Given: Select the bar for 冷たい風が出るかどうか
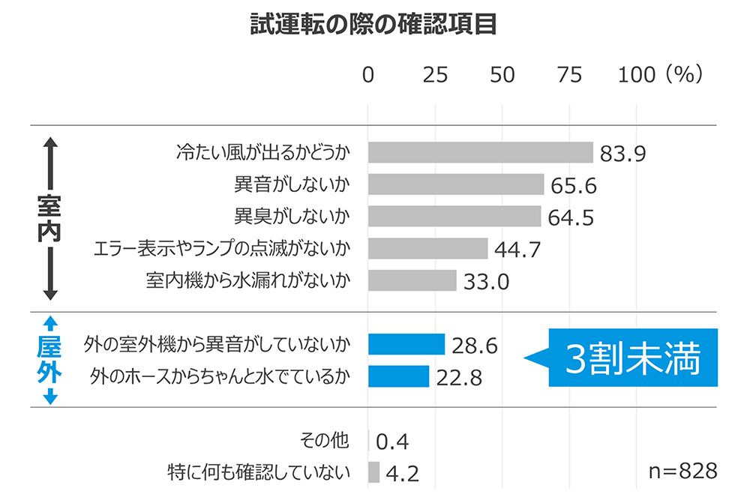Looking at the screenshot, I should pyautogui.click(x=480, y=152).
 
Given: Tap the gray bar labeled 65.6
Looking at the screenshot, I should pyautogui.click(x=456, y=184).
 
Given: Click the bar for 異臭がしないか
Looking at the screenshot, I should pyautogui.click(x=454, y=216).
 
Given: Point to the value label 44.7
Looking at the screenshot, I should pyautogui.click(x=517, y=250).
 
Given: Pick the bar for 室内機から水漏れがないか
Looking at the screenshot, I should pyautogui.click(x=412, y=280).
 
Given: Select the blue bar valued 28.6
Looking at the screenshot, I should pyautogui.click(x=406, y=344).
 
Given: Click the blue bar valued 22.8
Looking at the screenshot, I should pyautogui.click(x=398, y=376).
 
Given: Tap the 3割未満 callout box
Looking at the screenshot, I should pyautogui.click(x=633, y=360).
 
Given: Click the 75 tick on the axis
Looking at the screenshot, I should pyautogui.click(x=570, y=75).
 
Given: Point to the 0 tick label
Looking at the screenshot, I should pyautogui.click(x=368, y=75).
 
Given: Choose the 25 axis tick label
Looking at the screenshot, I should pyautogui.click(x=435, y=75).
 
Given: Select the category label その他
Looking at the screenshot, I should pyautogui.click(x=324, y=441).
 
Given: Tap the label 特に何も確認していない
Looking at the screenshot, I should pyautogui.click(x=259, y=472).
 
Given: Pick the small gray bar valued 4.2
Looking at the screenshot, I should pyautogui.click(x=373, y=472).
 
